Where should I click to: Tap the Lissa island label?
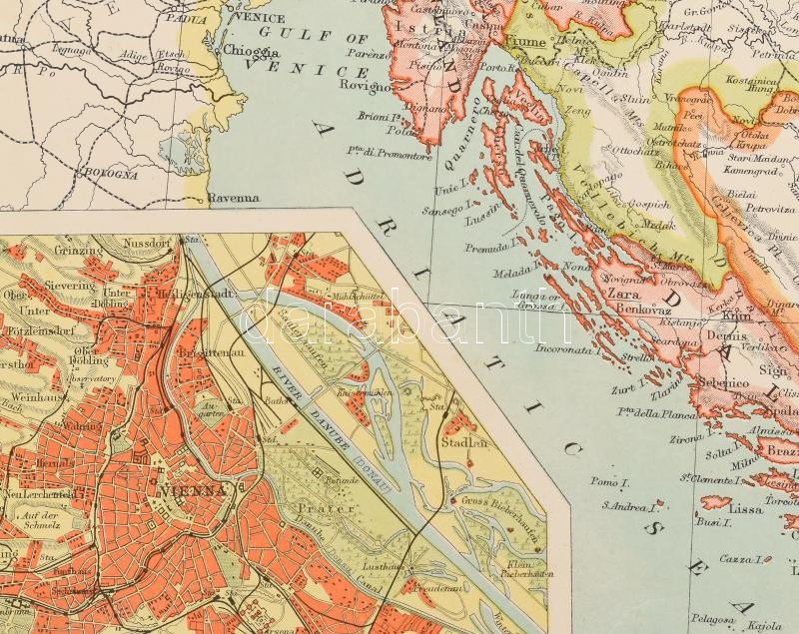[x=746, y=508]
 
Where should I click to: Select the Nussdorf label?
[x=148, y=243]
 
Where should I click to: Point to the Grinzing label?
[x=81, y=251]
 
